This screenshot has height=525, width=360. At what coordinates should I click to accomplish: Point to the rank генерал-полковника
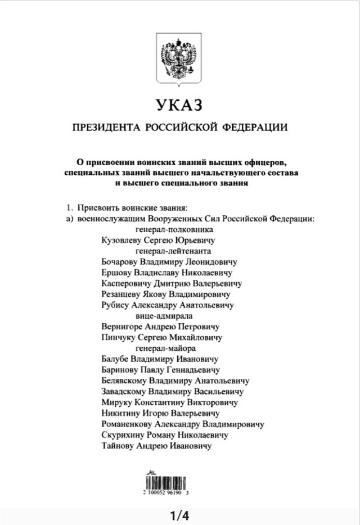click(x=174, y=230)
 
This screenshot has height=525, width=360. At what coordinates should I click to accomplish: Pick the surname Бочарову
click(x=120, y=262)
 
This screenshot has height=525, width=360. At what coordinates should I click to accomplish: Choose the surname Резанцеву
click(x=122, y=294)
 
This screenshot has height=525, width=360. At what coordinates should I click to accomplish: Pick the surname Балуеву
click(x=115, y=359)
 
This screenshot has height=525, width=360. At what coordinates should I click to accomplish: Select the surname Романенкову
click(x=127, y=424)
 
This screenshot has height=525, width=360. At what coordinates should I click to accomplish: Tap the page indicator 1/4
click(x=179, y=515)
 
